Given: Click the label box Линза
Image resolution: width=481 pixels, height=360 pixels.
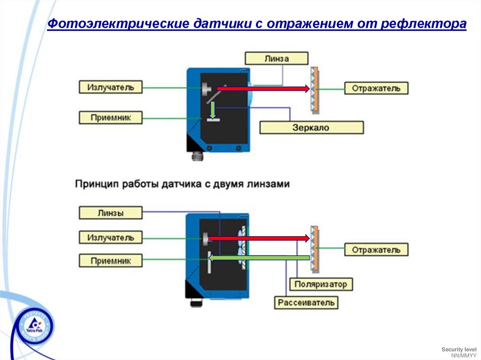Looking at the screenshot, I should tap(276, 58).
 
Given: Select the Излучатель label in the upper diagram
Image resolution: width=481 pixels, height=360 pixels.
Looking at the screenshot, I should tap(110, 87).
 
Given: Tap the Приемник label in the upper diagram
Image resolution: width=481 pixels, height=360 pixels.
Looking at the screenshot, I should tap(110, 117).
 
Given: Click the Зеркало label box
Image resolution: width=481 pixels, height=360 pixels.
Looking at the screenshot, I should tap(311, 127).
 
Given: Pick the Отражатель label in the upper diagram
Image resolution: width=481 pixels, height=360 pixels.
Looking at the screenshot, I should tap(376, 88).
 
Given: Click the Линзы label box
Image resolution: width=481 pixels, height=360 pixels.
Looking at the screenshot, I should tap(110, 213).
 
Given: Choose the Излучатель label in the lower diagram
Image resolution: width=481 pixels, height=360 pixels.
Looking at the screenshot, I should tap(110, 237).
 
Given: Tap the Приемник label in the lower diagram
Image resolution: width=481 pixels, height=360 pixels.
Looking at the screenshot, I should tap(110, 260).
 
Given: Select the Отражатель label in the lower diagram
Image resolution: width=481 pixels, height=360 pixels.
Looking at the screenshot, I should tap(376, 249).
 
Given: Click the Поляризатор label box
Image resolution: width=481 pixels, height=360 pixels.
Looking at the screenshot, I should tap(321, 284).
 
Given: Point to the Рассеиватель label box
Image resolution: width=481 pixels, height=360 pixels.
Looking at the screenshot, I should tap(306, 302).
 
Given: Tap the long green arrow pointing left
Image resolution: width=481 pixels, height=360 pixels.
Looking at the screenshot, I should tap(258, 257).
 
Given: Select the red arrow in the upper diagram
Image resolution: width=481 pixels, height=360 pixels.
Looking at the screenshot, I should tap(263, 88).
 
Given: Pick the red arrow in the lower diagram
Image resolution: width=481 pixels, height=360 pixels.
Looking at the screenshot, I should tap(259, 238).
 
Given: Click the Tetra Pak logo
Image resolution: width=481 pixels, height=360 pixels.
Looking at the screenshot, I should tap(33, 326).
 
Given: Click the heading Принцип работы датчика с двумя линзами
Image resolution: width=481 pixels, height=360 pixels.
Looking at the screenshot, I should tap(182, 184).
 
